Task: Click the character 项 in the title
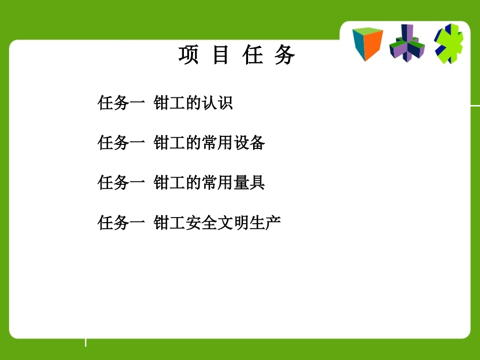click(188, 56)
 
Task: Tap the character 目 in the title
click(221, 56)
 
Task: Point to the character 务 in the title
click(285, 56)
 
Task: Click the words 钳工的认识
click(193, 103)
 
